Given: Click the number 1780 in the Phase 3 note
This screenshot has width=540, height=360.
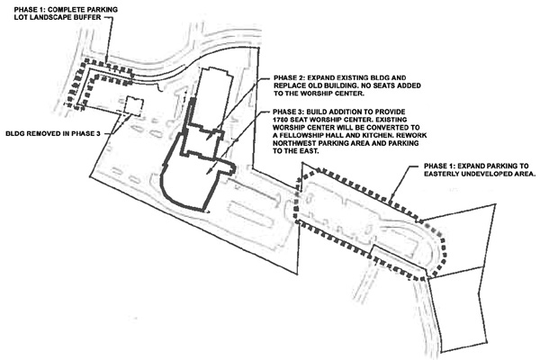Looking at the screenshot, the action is [x=281, y=120].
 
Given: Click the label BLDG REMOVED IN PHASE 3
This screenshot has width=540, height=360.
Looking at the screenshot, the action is [x=53, y=133].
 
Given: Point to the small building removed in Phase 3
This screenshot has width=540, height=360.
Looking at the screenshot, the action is [x=133, y=105].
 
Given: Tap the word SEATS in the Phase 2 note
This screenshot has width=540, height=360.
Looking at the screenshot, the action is [x=384, y=85].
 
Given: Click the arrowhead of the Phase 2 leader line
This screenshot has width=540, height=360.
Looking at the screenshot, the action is [x=207, y=139].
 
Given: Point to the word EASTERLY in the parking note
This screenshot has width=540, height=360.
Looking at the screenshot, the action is [x=440, y=174].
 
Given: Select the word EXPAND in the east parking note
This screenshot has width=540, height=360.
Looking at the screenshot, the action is [x=471, y=166].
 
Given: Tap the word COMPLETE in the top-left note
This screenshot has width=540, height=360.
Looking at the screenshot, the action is [x=59, y=9].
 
